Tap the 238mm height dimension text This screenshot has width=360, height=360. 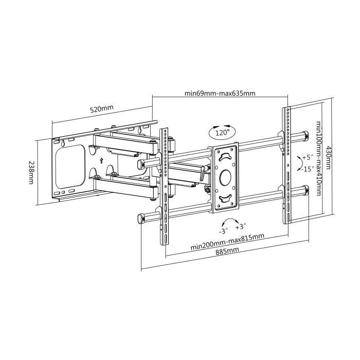31,172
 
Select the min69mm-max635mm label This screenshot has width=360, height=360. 220,94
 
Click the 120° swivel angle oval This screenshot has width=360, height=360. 222,133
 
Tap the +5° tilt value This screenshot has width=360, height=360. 308,157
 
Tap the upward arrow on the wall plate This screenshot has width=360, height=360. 101,160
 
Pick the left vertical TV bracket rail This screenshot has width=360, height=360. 164,190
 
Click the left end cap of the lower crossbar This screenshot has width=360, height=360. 140,218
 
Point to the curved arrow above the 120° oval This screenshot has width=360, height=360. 222,125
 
